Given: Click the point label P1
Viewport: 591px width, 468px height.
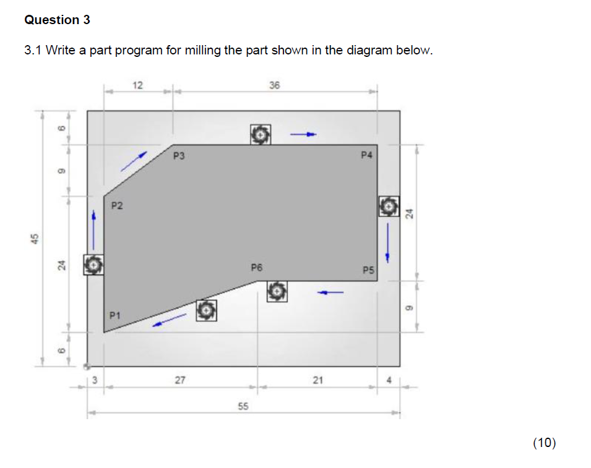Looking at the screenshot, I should [115, 315].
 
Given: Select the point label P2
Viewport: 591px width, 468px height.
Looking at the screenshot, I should [117, 206].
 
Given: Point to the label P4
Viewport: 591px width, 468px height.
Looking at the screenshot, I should [367, 155].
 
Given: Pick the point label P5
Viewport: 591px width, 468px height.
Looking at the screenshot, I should [369, 270].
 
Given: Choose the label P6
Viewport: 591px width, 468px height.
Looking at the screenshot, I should [257, 268].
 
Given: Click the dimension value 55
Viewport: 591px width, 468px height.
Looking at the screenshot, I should [243, 406].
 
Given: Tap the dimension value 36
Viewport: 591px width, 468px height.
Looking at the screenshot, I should [275, 85].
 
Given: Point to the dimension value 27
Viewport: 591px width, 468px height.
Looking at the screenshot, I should [180, 380].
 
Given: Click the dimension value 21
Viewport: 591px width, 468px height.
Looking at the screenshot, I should [317, 380].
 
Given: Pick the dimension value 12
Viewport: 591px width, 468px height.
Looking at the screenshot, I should [138, 85].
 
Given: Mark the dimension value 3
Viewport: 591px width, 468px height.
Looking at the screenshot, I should [95, 380].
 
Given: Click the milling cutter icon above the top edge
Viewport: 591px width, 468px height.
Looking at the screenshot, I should [261, 134].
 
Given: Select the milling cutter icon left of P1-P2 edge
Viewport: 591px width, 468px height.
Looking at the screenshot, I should [93, 265].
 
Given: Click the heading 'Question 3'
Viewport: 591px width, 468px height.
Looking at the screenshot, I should [57, 20].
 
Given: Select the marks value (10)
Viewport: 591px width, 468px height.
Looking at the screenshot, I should [544, 442].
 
